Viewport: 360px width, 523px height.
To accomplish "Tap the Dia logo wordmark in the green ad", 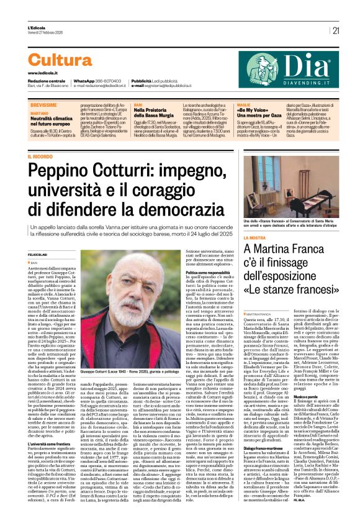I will coord(308,64).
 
